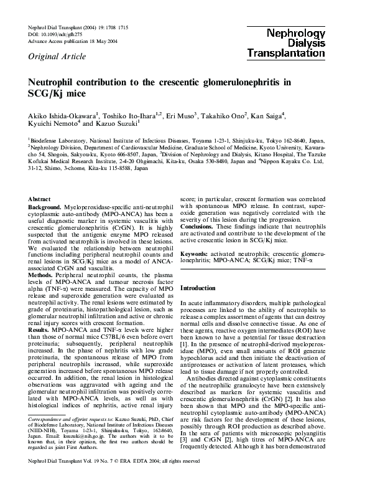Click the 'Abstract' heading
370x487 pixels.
(x=40, y=199)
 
